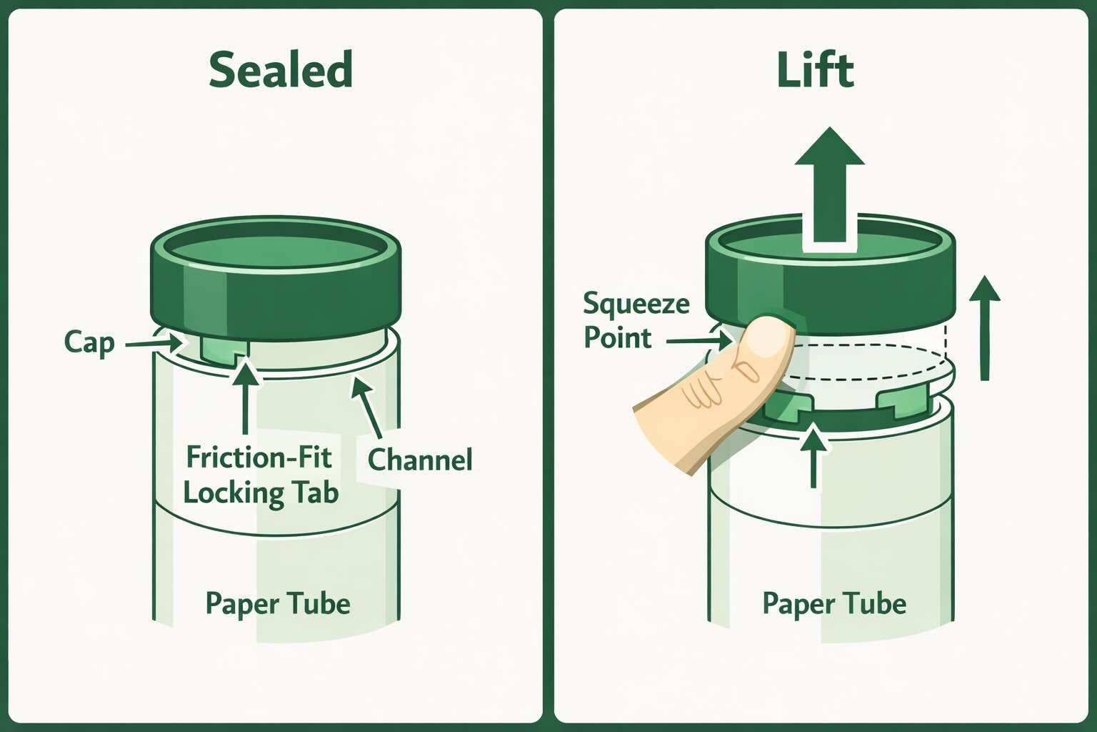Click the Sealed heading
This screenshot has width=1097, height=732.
[281, 69]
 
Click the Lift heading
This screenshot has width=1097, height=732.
[815, 69]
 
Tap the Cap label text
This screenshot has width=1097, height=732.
[89, 342]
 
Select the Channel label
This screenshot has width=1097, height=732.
[420, 459]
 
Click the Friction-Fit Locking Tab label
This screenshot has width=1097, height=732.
[260, 475]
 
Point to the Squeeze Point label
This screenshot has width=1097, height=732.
[636, 320]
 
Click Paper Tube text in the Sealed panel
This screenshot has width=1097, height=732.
[278, 603]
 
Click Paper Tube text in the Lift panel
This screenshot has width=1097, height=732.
[834, 603]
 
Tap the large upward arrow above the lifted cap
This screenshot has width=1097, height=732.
[830, 186]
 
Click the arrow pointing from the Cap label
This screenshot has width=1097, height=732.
[154, 344]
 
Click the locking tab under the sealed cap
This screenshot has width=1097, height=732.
[224, 350]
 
